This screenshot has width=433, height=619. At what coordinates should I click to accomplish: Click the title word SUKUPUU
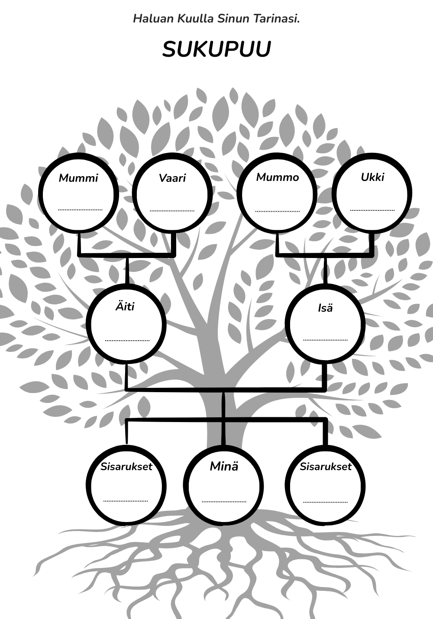click(216, 50)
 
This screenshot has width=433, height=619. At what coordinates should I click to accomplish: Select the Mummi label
click(78, 178)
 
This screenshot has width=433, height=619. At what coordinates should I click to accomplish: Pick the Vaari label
click(172, 178)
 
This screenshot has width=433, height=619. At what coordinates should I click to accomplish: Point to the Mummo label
click(278, 177)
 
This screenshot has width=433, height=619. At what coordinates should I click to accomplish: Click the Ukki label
click(372, 177)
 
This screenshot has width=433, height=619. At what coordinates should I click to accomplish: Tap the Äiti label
click(125, 306)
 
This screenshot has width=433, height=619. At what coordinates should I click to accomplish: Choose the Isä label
click(325, 308)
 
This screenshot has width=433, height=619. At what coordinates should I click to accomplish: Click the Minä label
click(224, 466)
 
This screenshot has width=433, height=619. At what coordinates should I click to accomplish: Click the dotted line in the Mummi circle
click(80, 210)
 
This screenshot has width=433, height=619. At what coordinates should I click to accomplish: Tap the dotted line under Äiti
click(127, 341)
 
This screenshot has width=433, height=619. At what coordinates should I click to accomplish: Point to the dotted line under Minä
click(224, 502)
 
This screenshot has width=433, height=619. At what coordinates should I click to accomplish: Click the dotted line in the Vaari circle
click(172, 211)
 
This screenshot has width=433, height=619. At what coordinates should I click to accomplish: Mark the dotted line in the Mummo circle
click(278, 211)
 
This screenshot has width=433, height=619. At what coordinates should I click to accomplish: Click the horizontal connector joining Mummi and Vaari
click(127, 255)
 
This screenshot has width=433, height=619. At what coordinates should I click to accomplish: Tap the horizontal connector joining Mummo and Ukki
click(325, 255)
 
